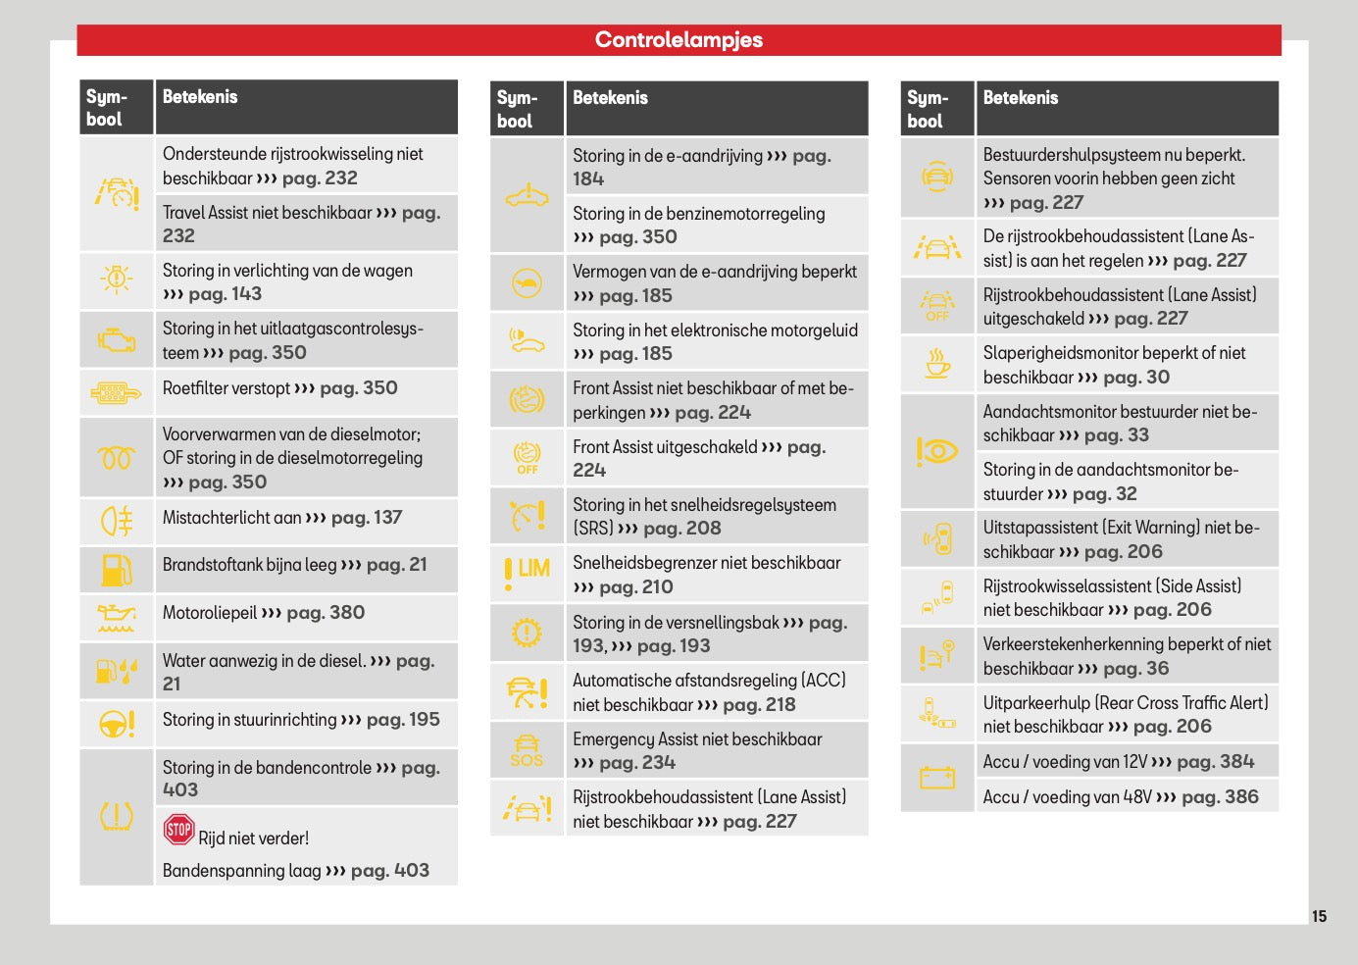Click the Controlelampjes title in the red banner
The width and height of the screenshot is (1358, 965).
(679, 40)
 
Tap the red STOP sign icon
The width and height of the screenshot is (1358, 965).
(178, 829)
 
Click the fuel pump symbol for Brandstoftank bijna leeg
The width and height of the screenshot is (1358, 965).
(117, 570)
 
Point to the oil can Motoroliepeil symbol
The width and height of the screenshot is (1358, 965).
(117, 618)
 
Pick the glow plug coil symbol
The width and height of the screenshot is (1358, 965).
(117, 458)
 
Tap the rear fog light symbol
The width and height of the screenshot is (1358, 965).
(117, 521)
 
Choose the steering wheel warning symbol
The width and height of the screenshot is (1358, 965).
(117, 724)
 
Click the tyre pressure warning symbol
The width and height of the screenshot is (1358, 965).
(117, 816)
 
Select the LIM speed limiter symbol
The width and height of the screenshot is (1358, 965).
(527, 573)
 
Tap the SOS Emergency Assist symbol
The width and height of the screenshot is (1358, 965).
(527, 751)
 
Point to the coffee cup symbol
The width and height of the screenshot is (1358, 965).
(937, 363)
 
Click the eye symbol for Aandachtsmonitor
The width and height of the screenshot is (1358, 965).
(937, 452)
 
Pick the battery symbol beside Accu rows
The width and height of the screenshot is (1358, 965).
(937, 777)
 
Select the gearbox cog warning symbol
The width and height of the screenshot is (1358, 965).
(527, 633)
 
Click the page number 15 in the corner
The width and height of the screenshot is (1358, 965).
(1319, 916)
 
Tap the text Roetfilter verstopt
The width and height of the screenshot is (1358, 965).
(226, 388)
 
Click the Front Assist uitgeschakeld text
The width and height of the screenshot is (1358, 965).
(665, 447)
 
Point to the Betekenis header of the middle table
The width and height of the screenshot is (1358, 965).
(611, 98)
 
